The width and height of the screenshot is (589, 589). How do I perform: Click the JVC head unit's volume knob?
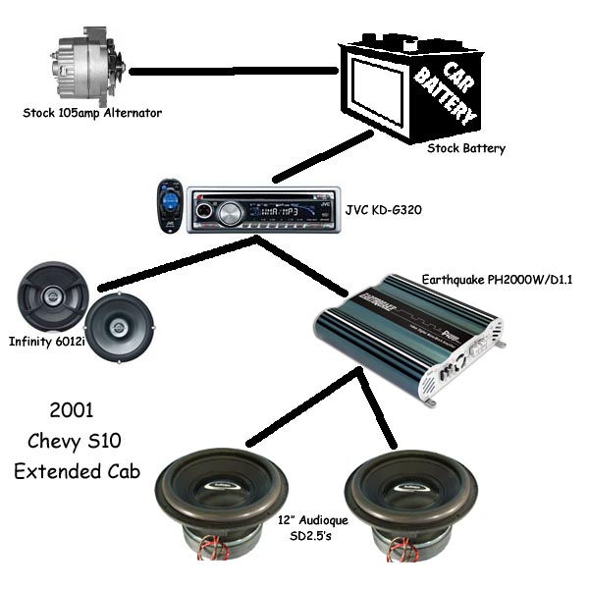click(230, 212)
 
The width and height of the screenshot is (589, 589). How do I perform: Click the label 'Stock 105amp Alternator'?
click(92, 113)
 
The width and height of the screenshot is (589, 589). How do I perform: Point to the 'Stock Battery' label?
click(466, 149)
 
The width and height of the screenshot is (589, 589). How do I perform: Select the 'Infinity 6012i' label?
click(45, 343)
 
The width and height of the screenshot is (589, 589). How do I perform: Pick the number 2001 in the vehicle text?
click(77, 407)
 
